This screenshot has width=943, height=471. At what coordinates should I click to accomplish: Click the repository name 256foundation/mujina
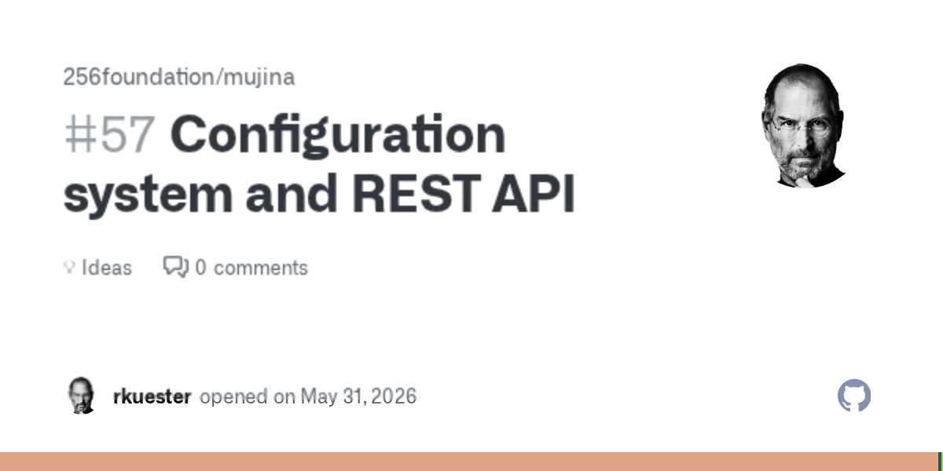coord(179,77)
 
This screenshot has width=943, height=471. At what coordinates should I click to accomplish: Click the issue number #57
coord(109,134)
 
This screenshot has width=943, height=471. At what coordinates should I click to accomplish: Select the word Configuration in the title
coord(338,135)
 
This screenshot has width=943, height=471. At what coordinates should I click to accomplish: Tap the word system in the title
coord(148,195)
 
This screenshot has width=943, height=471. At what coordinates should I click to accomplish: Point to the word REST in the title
coord(416,193)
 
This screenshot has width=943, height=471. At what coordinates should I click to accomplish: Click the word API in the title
coord(533,193)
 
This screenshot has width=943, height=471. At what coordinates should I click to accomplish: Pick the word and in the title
coord(292,193)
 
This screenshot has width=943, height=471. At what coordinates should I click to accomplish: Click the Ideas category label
coord(107,268)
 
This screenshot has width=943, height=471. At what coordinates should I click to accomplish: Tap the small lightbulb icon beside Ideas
coord(69,267)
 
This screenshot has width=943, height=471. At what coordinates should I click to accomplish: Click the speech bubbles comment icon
coord(176,267)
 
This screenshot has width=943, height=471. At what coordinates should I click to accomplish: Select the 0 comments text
coord(251,268)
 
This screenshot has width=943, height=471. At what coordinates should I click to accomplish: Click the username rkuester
coord(152,396)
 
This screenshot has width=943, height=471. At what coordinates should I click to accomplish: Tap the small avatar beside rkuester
coord(81,396)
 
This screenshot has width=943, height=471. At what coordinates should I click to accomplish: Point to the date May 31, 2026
coord(358,396)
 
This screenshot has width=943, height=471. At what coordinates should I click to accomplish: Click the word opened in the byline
coord(233,396)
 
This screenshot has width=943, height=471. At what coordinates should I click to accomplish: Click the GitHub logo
coord(854,396)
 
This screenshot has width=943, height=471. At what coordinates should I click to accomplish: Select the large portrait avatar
coord(803,126)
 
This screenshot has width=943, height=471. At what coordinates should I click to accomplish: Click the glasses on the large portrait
coord(803,126)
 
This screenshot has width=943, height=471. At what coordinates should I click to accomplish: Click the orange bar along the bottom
coord(469,462)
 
